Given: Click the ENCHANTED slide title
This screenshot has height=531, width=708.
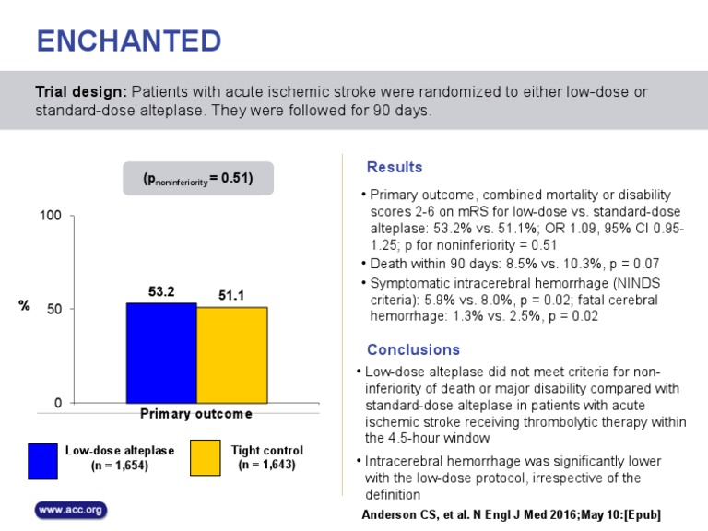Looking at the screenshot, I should [x=128, y=41].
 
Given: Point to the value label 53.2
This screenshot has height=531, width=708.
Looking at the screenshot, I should [x=161, y=291].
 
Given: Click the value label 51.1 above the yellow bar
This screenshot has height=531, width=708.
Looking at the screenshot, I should [x=231, y=295].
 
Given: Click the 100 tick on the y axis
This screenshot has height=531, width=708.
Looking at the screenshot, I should [x=50, y=216].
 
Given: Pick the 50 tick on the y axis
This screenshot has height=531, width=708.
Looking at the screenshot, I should [x=54, y=310].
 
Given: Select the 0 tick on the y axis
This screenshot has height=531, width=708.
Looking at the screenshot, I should [x=58, y=404].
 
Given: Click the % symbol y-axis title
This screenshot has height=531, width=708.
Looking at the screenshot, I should [x=25, y=305].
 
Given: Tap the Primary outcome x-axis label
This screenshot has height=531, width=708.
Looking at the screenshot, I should [x=195, y=414].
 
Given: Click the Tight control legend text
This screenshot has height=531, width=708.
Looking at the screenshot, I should [x=266, y=457].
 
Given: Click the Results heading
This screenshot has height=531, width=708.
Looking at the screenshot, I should [x=395, y=168].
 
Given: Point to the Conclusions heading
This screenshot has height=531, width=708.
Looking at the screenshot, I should [x=413, y=350].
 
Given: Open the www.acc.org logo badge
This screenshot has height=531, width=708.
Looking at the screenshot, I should [x=71, y=510].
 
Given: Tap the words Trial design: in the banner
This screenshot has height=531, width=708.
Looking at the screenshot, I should [x=81, y=93].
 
